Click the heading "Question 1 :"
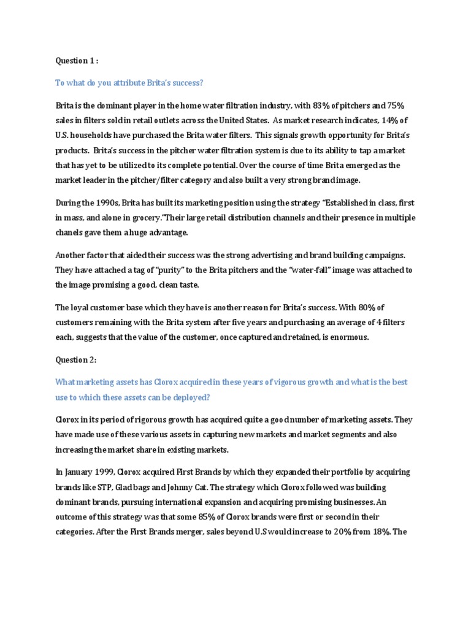click(x=76, y=61)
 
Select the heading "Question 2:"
click(x=76, y=361)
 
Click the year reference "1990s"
click(x=104, y=202)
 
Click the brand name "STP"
click(x=102, y=487)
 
